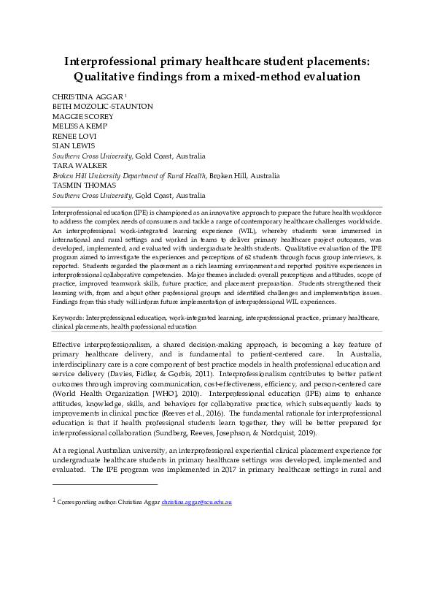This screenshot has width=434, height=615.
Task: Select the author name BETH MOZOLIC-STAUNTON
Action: coord(102,106)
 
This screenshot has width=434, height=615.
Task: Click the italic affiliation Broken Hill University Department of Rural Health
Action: coord(129,175)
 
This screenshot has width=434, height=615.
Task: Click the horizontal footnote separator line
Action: coord(105,484)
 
